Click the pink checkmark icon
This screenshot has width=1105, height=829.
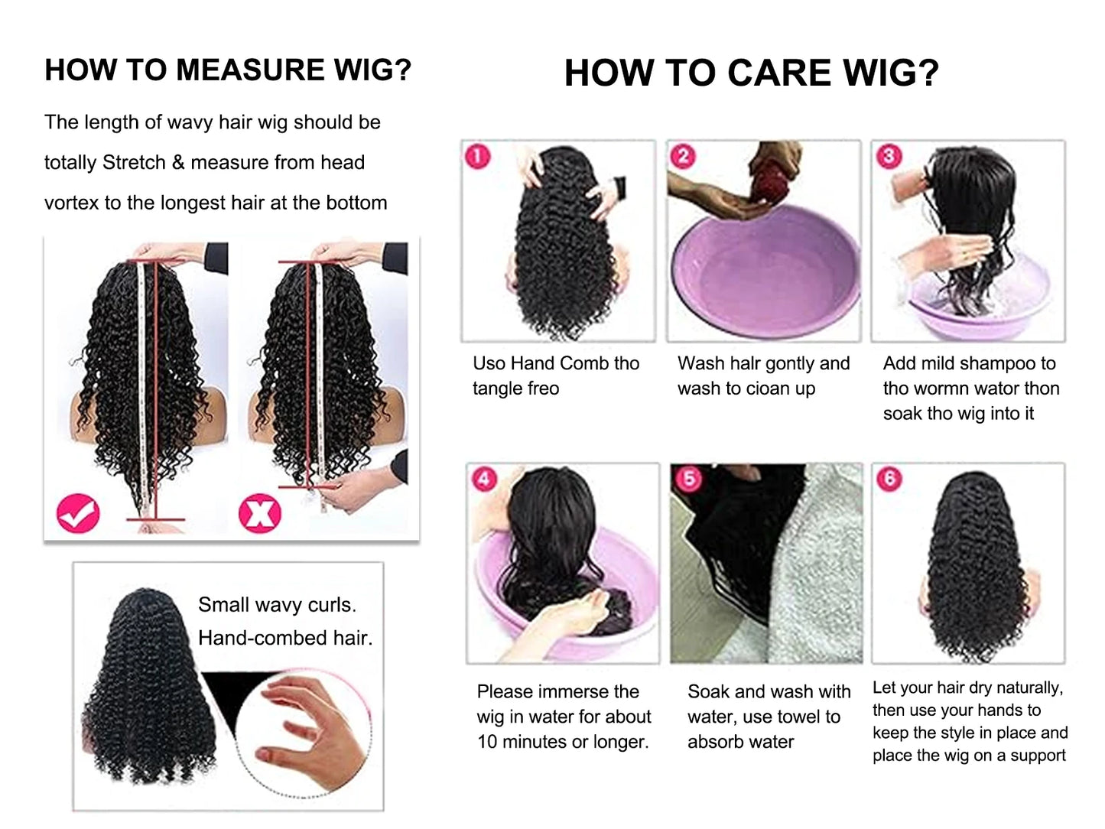(x=78, y=514)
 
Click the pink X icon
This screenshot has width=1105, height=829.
(x=260, y=514)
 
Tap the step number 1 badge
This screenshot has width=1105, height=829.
(x=478, y=157)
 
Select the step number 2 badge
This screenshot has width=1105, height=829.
(x=683, y=157)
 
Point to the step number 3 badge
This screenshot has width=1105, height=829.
(x=889, y=157)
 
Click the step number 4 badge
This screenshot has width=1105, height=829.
(x=484, y=480)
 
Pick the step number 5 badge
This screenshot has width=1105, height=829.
(x=689, y=479)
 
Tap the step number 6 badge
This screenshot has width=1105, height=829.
(x=889, y=479)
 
